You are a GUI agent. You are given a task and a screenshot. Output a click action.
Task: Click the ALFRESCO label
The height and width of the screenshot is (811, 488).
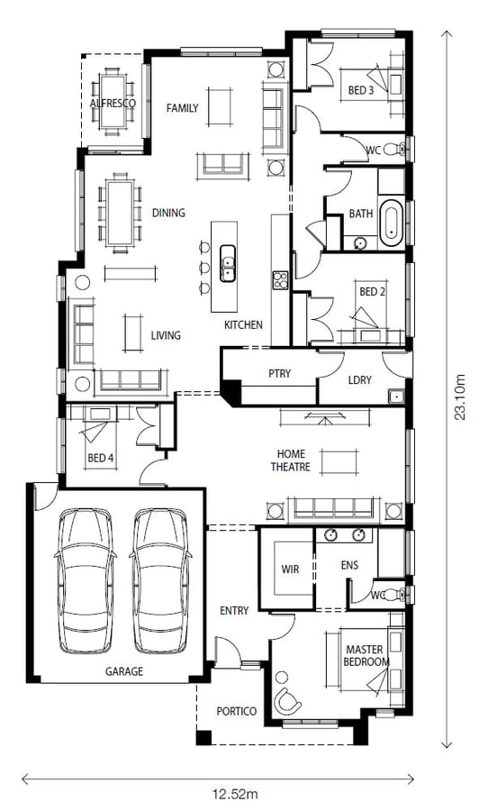(x=113, y=103)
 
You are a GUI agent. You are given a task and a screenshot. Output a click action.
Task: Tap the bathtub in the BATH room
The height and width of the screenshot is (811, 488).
(x=392, y=222)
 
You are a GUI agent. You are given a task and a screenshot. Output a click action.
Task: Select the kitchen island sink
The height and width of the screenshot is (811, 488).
(x=228, y=263)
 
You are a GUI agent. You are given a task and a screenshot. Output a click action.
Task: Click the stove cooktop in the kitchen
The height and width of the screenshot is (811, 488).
(x=280, y=280)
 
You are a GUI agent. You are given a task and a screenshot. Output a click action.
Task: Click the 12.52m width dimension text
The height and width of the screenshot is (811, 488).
(x=236, y=793)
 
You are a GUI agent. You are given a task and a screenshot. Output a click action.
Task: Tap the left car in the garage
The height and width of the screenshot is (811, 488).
(x=86, y=581)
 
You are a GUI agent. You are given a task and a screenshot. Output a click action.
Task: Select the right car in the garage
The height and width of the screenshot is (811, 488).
(x=160, y=581)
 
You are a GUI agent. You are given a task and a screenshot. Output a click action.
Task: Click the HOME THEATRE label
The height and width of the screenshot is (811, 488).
(x=291, y=460)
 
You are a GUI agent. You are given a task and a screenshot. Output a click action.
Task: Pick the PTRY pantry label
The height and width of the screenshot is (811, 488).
(x=279, y=373)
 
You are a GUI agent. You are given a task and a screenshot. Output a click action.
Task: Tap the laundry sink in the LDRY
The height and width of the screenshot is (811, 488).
(x=396, y=396)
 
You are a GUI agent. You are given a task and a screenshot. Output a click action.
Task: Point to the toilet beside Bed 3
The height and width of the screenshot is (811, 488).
(x=399, y=150)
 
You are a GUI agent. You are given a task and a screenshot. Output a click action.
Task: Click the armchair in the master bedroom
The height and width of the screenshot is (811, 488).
(x=287, y=701)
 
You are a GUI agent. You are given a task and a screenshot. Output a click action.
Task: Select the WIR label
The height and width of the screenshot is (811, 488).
(x=290, y=569)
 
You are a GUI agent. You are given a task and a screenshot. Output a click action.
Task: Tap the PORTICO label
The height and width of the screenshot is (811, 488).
(x=236, y=711)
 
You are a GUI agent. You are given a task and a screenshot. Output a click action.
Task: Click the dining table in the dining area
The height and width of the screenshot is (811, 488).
(x=120, y=213)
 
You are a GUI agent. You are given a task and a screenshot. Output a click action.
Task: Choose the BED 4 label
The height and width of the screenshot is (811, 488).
(x=100, y=458)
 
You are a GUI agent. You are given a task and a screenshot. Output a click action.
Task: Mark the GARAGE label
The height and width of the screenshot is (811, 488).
(x=124, y=671)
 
